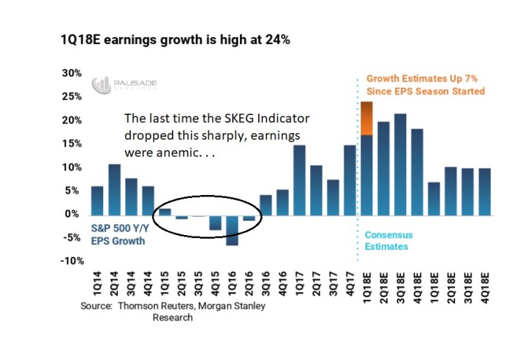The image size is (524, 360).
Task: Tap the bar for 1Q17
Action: [x=300, y=180]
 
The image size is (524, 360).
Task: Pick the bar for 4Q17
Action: [x=350, y=180]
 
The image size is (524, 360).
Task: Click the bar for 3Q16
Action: [x=266, y=204]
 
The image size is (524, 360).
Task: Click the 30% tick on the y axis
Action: [x=72, y=73]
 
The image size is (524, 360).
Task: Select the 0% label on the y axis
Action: [x=75, y=214]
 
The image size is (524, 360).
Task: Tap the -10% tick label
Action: [x=70, y=261]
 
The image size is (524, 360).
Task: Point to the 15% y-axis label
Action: [x=72, y=144]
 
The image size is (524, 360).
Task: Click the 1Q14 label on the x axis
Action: [x=98, y=284]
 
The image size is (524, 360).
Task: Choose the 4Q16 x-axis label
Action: [x=283, y=284]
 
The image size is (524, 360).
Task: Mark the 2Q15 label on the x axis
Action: [x=182, y=284]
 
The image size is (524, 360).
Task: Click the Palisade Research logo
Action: [x=125, y=85]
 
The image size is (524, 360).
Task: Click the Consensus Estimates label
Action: [x=387, y=241]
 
